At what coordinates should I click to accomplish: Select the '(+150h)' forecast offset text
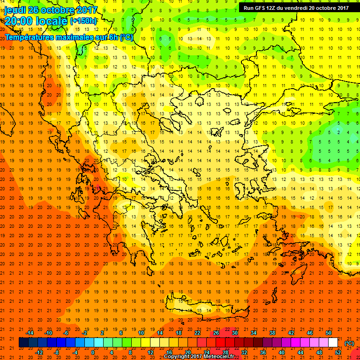point(83,21)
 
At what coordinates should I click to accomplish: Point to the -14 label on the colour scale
point(30,333)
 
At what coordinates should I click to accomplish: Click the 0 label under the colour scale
point(93,352)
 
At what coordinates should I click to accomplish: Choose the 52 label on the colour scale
point(338,352)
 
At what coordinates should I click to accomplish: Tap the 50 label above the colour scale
point(328,333)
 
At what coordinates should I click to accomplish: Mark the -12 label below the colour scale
point(39,352)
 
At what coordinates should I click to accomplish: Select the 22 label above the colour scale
point(197,333)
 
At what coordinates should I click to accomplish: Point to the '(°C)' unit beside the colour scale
point(349,343)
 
